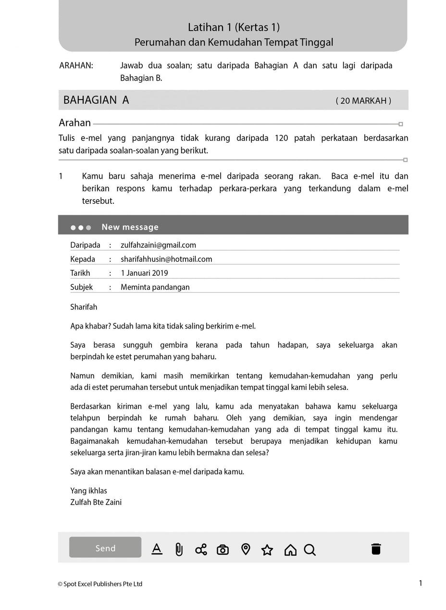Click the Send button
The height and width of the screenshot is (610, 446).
coord(105,548)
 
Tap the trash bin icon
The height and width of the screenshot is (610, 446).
coord(376,549)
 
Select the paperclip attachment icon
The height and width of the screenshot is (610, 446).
coord(179,549)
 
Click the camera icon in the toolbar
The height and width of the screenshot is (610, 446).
coord(223,549)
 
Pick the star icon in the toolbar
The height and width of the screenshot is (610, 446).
coord(267,549)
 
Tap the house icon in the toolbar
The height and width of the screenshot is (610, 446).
coord(290,549)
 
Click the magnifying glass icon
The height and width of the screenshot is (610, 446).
coord(310,549)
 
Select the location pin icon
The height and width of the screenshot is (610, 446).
coord(246,549)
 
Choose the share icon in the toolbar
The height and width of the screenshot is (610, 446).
coord(201,549)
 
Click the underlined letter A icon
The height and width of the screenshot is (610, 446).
coord(157,549)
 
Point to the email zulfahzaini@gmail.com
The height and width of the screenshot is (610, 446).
coord(158,245)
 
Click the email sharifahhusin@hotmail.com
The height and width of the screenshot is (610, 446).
coord(166,259)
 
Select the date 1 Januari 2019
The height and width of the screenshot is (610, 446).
coord(144,273)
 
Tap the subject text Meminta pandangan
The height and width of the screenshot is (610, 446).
coord(155,287)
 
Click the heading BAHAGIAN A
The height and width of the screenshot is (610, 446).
coord(96,100)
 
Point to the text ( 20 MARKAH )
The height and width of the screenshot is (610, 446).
coord(363,100)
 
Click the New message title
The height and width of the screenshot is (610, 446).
coord(130,227)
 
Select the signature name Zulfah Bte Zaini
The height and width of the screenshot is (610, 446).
coord(96,502)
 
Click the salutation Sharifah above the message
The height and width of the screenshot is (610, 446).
coord(84,307)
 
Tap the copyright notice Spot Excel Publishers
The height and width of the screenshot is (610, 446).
coord(100,584)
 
